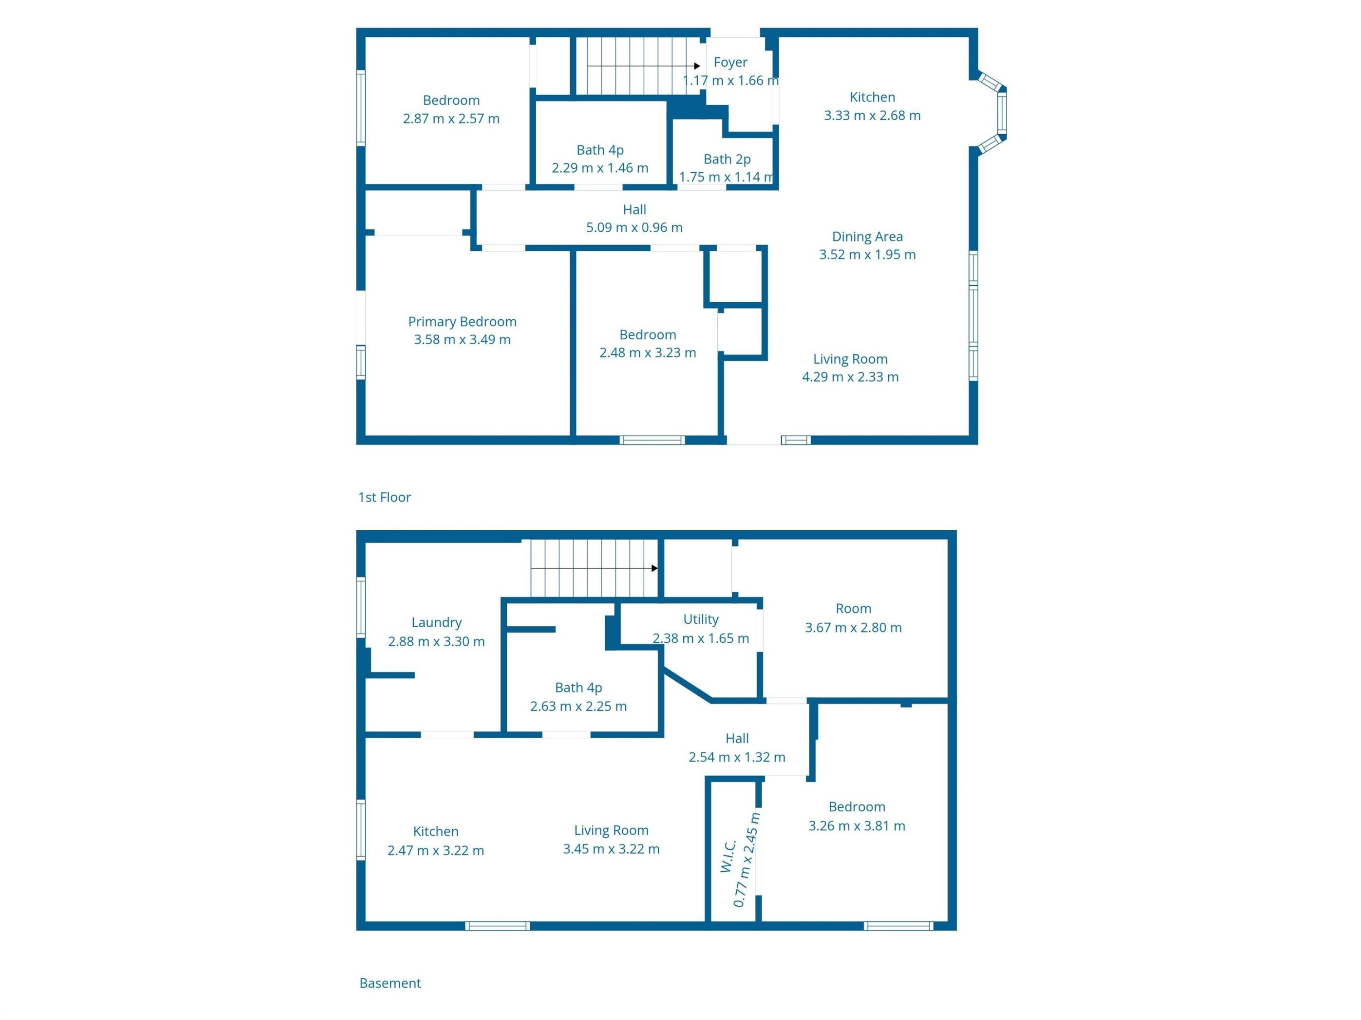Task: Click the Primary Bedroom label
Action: point(462,321)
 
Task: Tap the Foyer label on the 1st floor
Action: point(730,62)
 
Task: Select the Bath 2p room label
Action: point(727,159)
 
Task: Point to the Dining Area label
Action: point(867,236)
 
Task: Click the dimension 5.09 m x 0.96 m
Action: point(634,227)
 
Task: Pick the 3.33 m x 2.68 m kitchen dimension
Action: point(872,115)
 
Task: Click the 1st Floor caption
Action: point(385,497)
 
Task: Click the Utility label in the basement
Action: point(701,619)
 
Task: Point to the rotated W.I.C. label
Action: point(728,856)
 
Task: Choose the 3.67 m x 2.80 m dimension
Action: point(853,628)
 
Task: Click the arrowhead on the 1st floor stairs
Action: point(697,66)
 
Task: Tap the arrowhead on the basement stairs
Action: point(655,568)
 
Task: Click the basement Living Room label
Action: point(611,830)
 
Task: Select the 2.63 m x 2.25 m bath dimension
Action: point(578,706)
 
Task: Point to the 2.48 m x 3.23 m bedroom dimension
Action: point(647,352)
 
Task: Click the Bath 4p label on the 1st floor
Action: point(600,150)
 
